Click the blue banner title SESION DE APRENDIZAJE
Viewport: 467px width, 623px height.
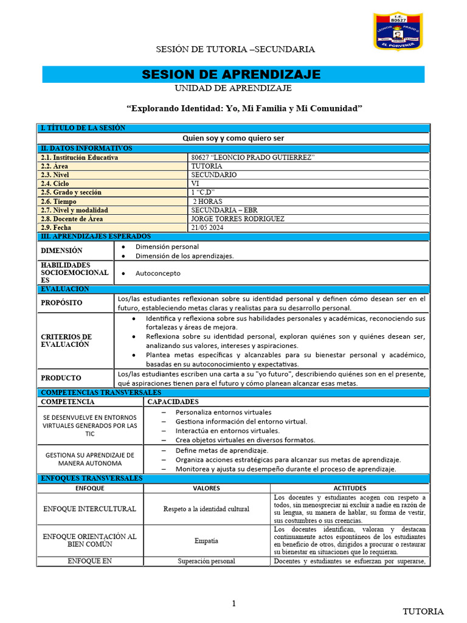pyautogui.click(x=231, y=75)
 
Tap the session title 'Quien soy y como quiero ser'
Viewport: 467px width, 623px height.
pyautogui.click(x=233, y=138)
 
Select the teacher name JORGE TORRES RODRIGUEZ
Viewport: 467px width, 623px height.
pyautogui.click(x=237, y=218)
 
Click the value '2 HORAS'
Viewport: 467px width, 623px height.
pyautogui.click(x=207, y=201)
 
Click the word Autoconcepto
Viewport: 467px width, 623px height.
pyautogui.click(x=157, y=273)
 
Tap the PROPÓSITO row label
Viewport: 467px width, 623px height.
pyautogui.click(x=61, y=302)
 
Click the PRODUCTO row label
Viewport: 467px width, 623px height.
pyautogui.click(x=61, y=378)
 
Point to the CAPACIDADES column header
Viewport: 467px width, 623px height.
pyautogui.click(x=173, y=402)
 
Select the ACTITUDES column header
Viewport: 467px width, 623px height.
pyautogui.click(x=350, y=488)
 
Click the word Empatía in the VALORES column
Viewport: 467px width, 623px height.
pyautogui.click(x=206, y=540)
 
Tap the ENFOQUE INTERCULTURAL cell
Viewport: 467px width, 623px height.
pyautogui.click(x=89, y=509)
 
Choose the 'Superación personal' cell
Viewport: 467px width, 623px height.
pyautogui.click(x=206, y=561)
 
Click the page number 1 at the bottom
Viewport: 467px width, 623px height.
pyautogui.click(x=233, y=603)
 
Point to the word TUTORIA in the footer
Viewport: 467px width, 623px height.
pyautogui.click(x=424, y=611)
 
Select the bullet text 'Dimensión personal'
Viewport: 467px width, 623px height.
pyautogui.click(x=167, y=246)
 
